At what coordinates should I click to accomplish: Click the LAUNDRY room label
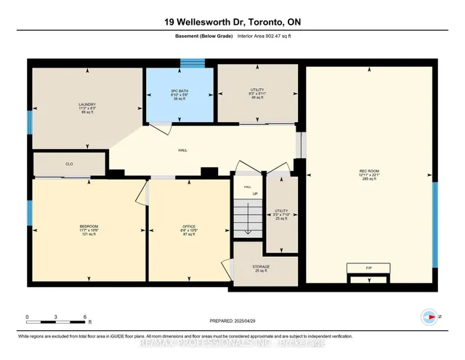pos(87,104)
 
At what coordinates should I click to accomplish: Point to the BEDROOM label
pos(89,226)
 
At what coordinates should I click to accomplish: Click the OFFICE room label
pos(189,226)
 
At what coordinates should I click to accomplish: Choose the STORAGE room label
pos(261,267)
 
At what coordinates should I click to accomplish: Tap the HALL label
pos(183,151)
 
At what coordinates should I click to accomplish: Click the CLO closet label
pos(69,164)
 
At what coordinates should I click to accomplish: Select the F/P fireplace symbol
pos(369,268)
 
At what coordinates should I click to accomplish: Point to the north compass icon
pos(429,316)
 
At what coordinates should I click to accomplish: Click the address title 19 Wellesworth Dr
pos(232,22)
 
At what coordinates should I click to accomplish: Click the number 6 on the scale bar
pos(85,317)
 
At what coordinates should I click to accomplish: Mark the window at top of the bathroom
pos(193,63)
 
